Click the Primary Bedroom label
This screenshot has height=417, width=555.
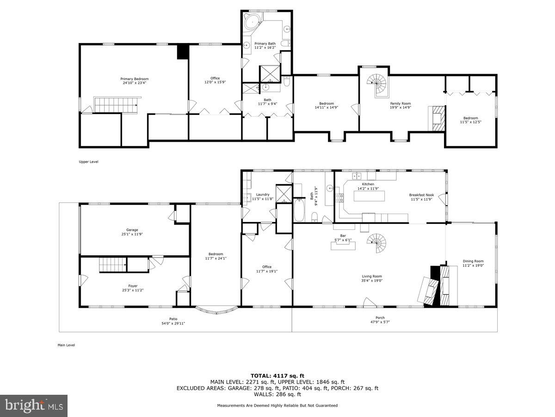coord(135,79)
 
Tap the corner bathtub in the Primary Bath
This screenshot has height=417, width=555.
coord(252,21)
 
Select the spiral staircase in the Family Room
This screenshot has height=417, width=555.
coord(377,84)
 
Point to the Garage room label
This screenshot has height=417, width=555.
coord(132,230)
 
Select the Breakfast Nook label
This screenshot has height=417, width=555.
coord(421,195)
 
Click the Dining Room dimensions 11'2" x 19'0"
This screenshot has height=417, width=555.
coord(473,266)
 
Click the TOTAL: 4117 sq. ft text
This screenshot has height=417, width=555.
coord(277,376)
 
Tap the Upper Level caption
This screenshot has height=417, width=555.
coord(88,162)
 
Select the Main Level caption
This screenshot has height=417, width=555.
coord(66,345)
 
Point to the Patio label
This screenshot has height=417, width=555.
coord(173,319)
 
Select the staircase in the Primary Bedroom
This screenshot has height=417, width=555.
coord(116,104)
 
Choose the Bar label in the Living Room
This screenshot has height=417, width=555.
coord(343,235)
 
